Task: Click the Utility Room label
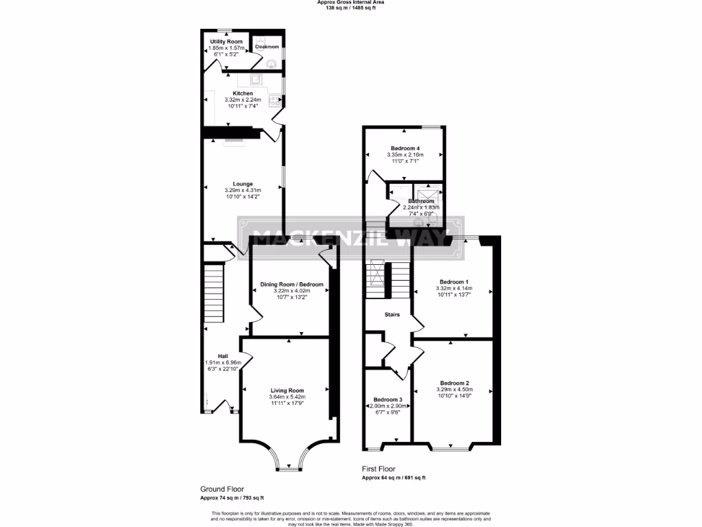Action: pos(226,42)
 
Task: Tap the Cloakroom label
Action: pos(267,47)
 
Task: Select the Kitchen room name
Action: pos(243,93)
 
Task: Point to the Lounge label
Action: pos(243,184)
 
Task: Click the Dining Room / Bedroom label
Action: pos(291,284)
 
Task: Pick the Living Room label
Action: pos(287,390)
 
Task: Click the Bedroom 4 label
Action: pos(405,148)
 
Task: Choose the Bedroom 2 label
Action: pos(455,383)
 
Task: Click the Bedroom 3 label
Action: pos(388,399)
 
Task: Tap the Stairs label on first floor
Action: pos(392,315)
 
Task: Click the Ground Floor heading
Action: pos(221,489)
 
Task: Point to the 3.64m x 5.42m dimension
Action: pos(287,397)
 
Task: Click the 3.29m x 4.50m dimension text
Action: pos(455,390)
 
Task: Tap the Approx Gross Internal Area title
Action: pos(350,2)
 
